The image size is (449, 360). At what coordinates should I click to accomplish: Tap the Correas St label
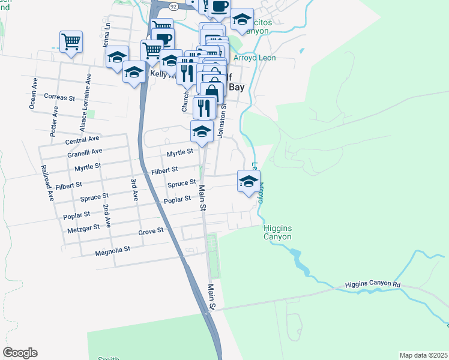59,97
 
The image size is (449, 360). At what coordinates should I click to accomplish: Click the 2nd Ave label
106,215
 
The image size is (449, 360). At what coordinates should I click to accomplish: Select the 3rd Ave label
134,188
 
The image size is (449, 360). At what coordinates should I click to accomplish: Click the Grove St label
151,231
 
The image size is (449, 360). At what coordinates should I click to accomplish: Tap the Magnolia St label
112,251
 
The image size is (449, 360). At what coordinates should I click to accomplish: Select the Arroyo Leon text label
254,58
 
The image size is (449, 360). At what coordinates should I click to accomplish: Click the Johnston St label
223,120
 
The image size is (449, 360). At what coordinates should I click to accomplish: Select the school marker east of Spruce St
248,182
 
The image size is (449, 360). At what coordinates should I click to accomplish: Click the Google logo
20,353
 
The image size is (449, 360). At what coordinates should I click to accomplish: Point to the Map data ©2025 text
423,355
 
